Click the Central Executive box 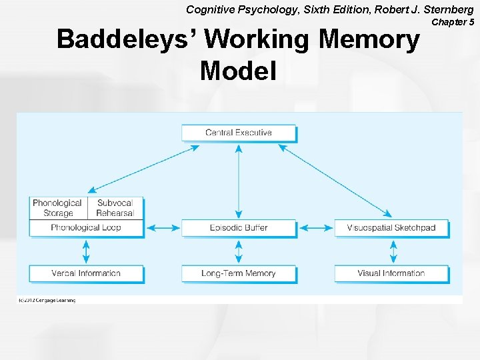239,133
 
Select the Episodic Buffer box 239,228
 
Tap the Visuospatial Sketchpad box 391,228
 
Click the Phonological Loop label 86,228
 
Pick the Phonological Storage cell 58,208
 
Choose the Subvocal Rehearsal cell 115,208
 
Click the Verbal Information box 86,273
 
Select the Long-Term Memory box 239,273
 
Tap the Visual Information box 391,273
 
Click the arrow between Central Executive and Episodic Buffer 239,180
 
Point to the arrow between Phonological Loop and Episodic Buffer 163,228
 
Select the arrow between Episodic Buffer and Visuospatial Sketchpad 315,228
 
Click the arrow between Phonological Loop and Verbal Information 86,251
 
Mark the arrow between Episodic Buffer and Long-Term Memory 239,251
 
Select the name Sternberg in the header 447,9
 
